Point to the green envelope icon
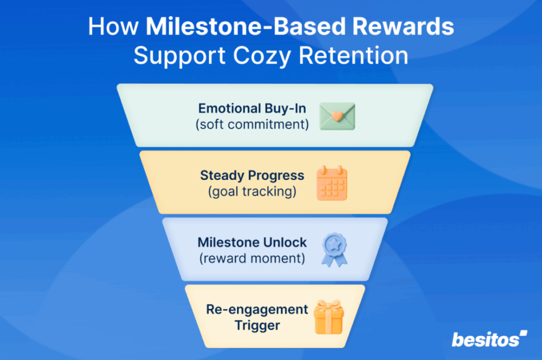click(337, 116)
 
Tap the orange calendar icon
click(332, 183)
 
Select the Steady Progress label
click(252, 175)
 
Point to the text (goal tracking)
click(252, 191)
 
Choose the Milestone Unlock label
click(252, 242)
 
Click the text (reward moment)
click(252, 258)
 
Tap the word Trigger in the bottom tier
click(258, 325)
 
